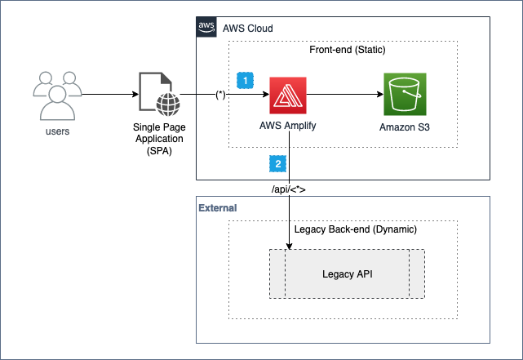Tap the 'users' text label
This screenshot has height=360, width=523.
56,131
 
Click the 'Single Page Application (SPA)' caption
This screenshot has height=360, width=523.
158,140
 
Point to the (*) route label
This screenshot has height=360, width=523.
219,95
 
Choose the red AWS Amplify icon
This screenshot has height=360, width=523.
288,95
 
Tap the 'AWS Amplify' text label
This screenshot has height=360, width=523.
288,127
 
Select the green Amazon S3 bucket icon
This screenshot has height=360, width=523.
406,95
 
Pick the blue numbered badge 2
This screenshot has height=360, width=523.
277,164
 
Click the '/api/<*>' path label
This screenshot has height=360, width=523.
289,190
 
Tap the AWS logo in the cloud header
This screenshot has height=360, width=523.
206,28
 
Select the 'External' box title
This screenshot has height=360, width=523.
217,208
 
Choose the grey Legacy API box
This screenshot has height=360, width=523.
347,273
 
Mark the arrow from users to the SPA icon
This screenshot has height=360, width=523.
110,95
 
